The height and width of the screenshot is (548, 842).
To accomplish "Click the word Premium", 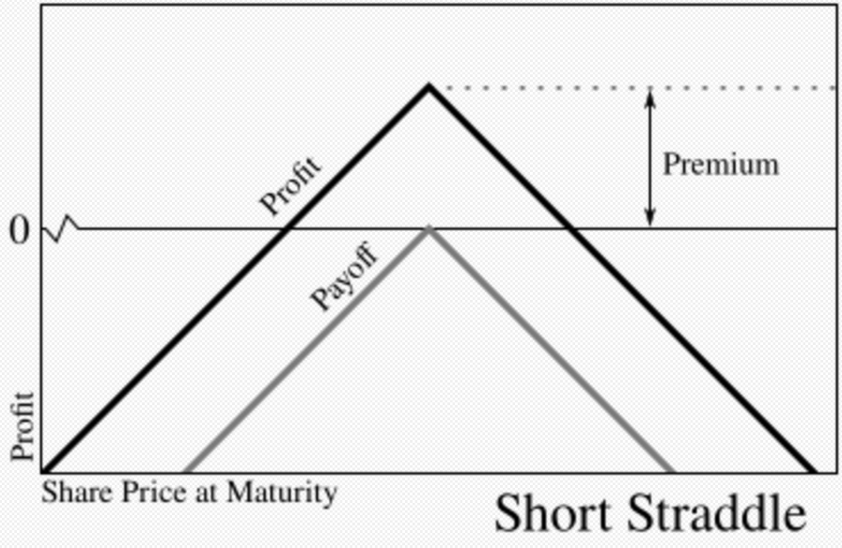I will click(721, 164).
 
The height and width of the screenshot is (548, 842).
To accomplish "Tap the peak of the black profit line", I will click(429, 86).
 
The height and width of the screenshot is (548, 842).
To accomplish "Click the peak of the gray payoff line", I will click(429, 228).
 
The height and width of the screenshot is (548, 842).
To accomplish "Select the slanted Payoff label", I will click(345, 277).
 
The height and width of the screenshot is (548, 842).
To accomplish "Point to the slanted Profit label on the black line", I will click(290, 185).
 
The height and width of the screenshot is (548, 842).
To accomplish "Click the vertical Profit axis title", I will click(23, 426).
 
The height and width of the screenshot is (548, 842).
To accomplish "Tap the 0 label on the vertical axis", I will click(19, 229).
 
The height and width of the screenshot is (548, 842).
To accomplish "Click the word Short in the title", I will click(550, 515).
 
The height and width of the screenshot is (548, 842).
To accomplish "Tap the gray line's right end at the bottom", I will click(673, 470).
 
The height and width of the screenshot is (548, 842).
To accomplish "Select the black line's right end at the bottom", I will click(812, 470).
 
